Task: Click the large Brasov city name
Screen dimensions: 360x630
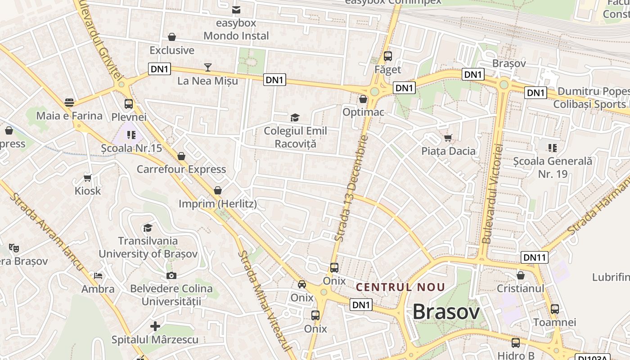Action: [x=445, y=311]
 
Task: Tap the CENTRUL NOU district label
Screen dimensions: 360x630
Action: [x=400, y=287]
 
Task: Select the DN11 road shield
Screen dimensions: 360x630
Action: [x=535, y=257]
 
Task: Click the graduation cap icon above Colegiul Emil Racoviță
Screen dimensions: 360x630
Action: [x=295, y=118]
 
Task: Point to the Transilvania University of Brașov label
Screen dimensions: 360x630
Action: [x=148, y=247]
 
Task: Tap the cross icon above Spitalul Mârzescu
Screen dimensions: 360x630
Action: [x=155, y=326]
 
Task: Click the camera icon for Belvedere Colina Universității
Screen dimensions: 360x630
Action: [x=171, y=275]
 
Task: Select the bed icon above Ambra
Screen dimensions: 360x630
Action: [x=98, y=275]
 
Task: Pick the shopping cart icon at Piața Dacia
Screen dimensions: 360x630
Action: [x=448, y=137]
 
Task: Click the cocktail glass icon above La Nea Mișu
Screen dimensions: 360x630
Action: [x=207, y=67]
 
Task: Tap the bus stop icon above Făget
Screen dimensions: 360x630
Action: [x=387, y=56]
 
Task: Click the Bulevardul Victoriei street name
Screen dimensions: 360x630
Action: [x=492, y=193]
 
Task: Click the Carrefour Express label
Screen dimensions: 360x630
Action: [x=181, y=169]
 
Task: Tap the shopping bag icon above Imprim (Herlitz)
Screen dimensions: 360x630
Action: [x=218, y=190]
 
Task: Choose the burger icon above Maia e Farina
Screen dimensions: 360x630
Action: [x=69, y=103]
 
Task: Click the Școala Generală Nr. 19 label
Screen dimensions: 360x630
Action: [x=553, y=167]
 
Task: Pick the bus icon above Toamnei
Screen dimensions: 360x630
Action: [x=555, y=309]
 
